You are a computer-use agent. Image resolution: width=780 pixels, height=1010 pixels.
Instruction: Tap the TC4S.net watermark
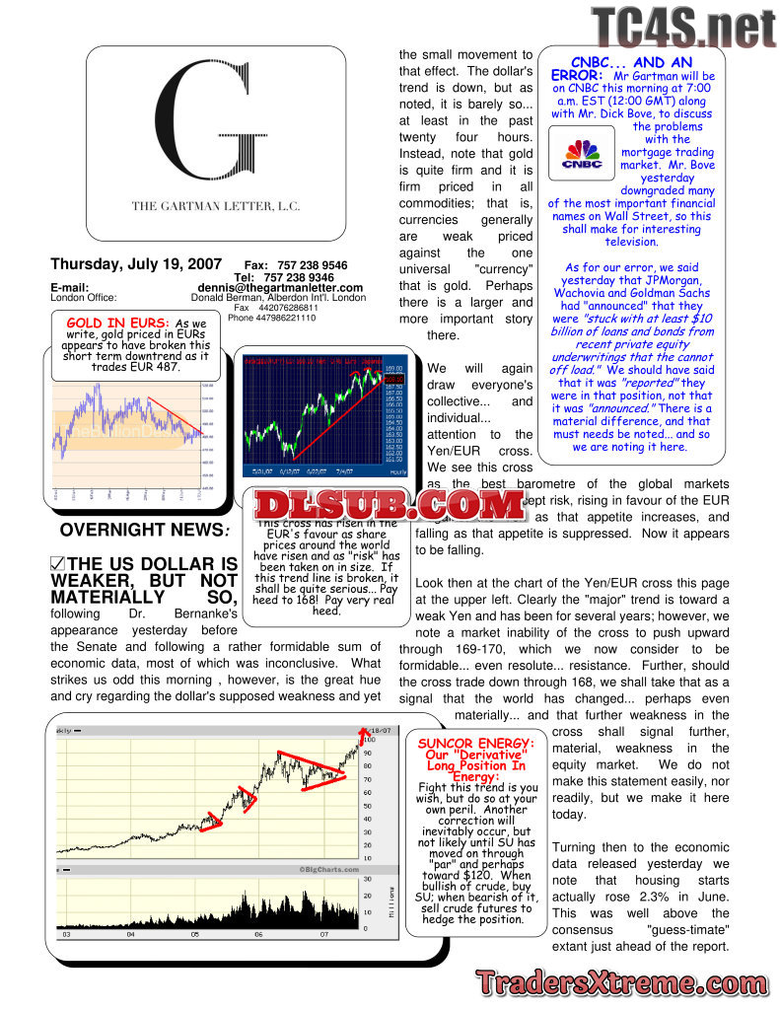coord(683,28)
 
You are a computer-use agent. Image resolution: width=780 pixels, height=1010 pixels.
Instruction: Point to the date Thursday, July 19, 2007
coord(136,264)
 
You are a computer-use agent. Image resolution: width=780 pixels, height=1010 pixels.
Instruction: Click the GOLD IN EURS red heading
coord(117,323)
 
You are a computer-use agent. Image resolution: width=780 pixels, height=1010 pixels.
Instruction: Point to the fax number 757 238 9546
coord(310,265)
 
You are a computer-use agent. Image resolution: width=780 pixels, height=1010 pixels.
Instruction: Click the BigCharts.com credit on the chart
coord(326,869)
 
